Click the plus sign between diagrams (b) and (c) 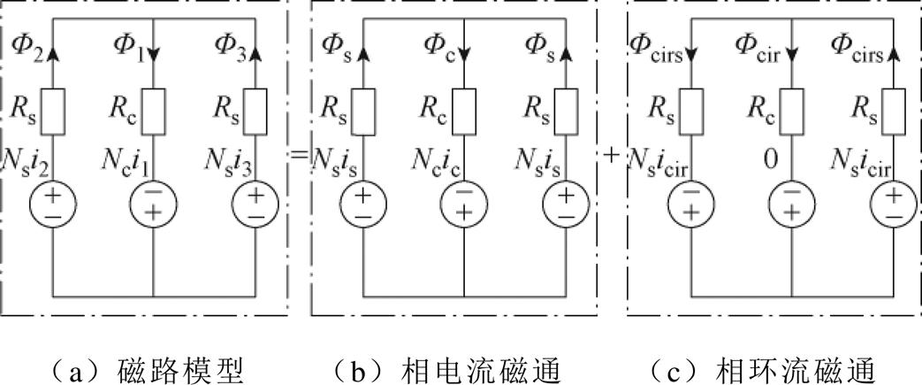point(611,156)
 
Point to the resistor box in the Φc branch point(461,108)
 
